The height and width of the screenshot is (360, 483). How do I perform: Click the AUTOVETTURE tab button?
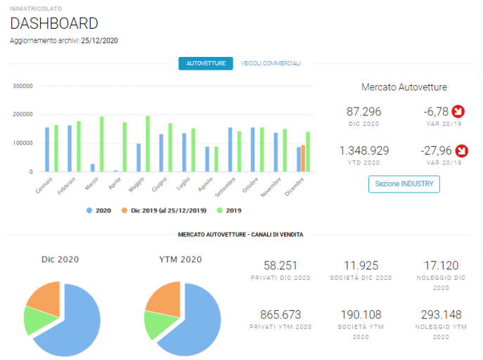click(x=206, y=63)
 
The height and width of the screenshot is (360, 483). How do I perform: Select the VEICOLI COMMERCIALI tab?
click(x=271, y=63)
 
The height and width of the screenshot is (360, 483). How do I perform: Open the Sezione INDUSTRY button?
click(x=404, y=184)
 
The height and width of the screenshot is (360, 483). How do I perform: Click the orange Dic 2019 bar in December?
click(x=303, y=158)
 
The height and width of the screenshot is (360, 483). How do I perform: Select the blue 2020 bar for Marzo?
click(x=92, y=167)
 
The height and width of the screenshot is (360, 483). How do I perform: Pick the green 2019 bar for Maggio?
click(x=148, y=144)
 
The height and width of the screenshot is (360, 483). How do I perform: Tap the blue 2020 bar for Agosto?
click(x=207, y=159)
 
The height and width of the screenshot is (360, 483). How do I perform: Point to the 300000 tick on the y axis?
click(x=22, y=86)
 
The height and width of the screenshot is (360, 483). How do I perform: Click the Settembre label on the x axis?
click(x=225, y=187)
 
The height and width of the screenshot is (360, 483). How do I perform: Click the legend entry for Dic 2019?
click(x=164, y=210)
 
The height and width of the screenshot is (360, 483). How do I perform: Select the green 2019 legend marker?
click(x=219, y=210)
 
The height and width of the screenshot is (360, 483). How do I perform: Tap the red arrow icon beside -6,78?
click(x=458, y=112)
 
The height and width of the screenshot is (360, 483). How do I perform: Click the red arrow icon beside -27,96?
click(x=462, y=150)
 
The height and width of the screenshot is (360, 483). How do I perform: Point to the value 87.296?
click(x=363, y=112)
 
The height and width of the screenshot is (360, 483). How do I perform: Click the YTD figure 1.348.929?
click(x=363, y=150)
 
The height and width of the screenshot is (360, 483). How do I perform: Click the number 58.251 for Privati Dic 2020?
click(x=281, y=266)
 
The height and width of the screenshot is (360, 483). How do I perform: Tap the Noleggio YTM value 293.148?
click(x=441, y=314)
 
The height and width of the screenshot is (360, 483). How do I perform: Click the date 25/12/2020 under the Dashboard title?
click(x=100, y=41)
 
